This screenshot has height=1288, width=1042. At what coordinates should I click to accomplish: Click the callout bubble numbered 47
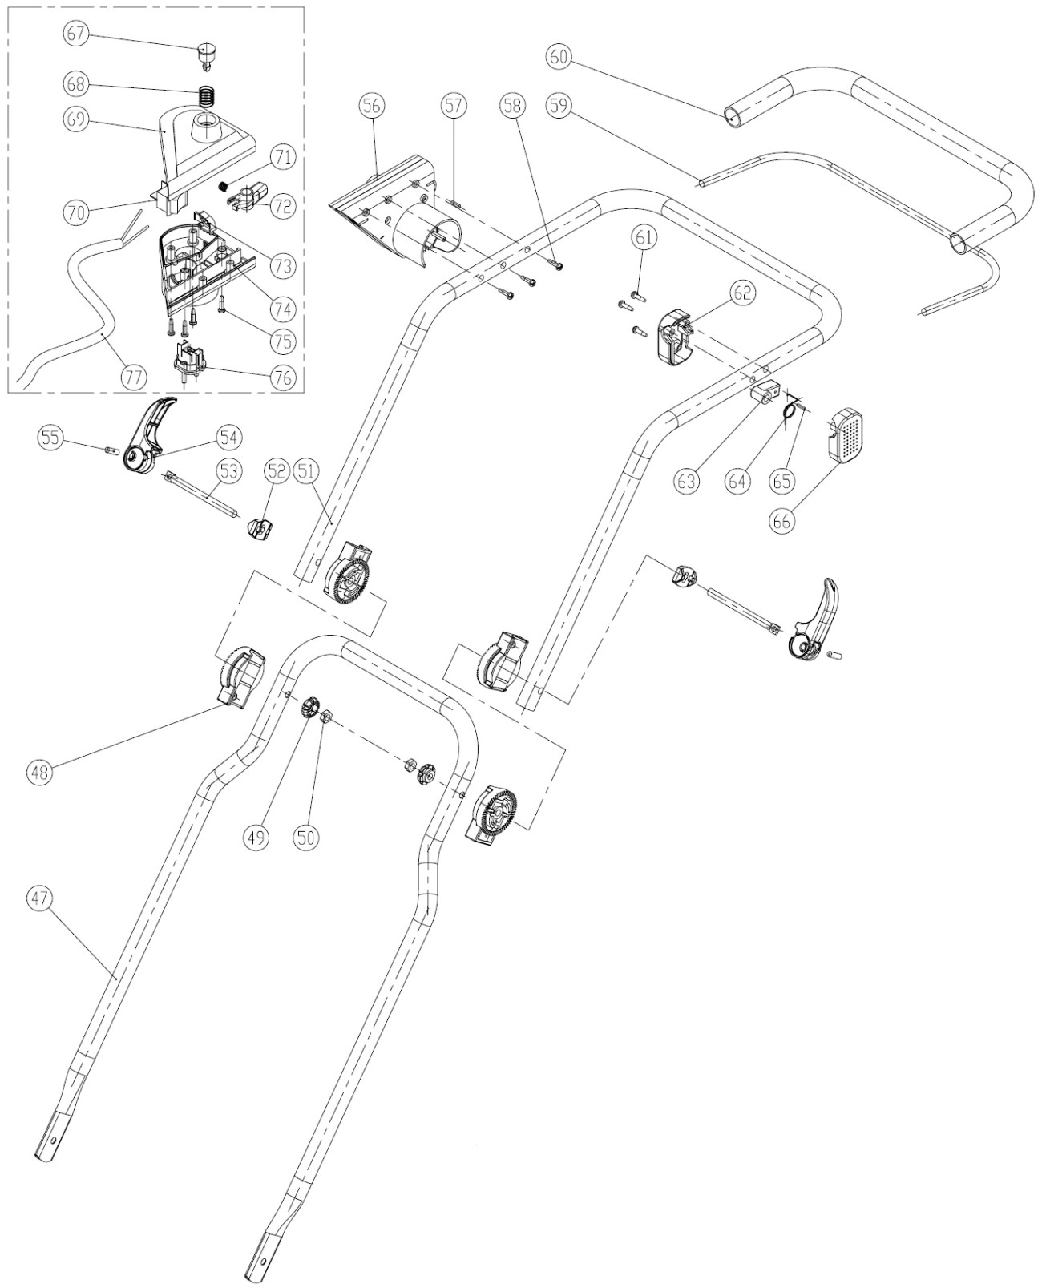pos(41,899)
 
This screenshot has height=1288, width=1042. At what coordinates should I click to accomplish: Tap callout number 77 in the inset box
pos(135,375)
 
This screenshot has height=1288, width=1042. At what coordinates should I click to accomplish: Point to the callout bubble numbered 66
pos(782,520)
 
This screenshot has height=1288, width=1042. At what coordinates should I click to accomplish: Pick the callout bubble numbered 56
pos(373,106)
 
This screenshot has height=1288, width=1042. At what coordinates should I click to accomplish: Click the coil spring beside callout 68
pos(207,99)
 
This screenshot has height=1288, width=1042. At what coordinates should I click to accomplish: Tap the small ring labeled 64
pos(790,410)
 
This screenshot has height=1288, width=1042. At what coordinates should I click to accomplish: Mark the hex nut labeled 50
pos(326,716)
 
